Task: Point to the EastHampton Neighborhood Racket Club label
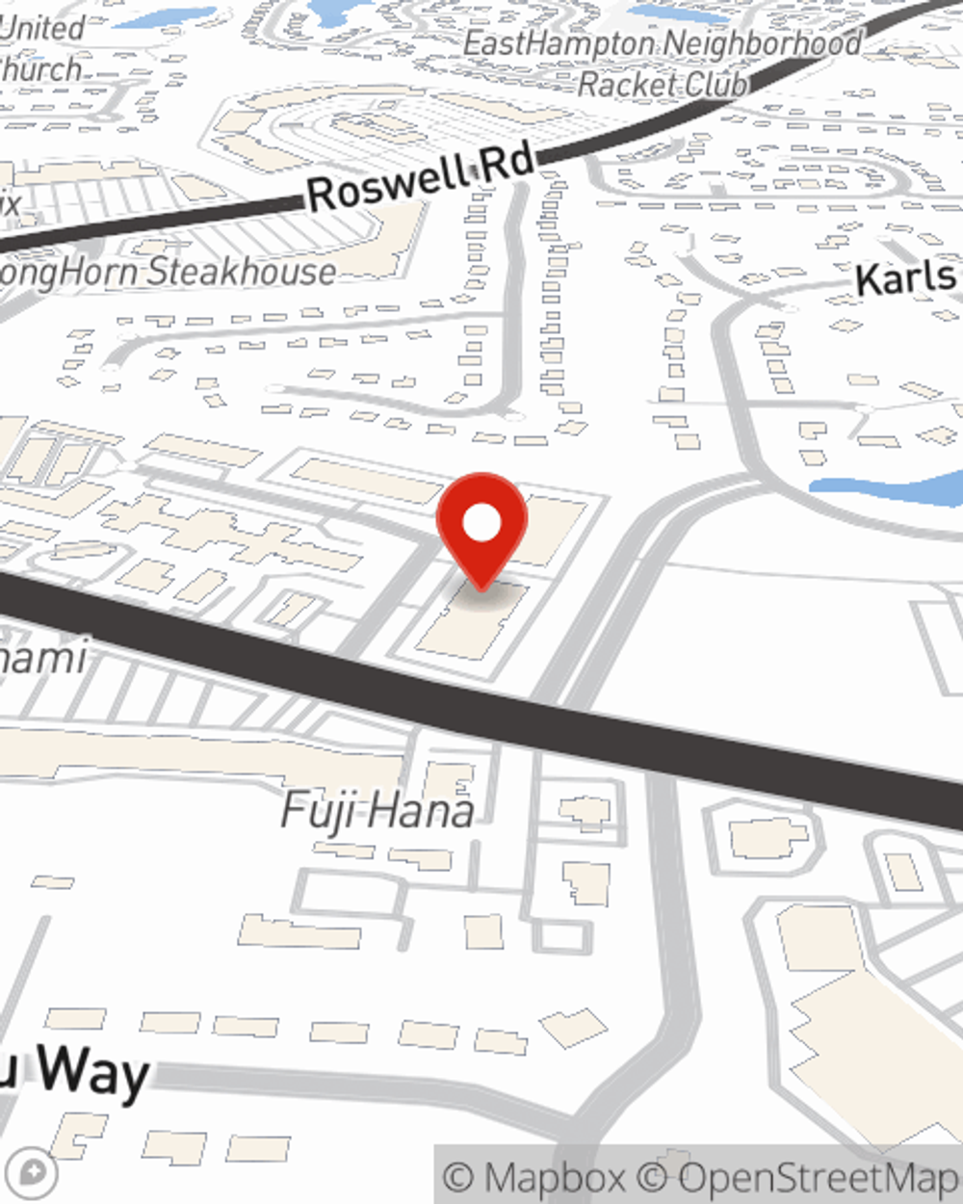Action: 663,64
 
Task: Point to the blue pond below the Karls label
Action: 886,490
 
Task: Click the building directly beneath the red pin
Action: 472,621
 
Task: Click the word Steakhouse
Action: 241,273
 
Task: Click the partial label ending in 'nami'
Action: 43,657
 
